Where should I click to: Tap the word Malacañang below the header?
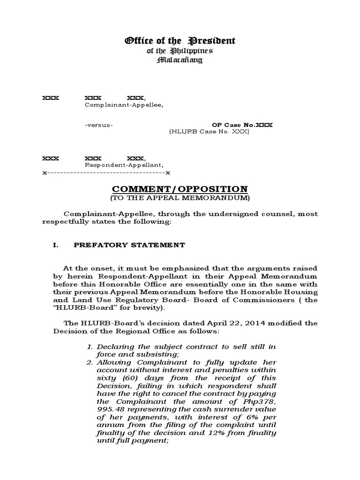point(180,60)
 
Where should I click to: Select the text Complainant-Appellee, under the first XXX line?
point(124,105)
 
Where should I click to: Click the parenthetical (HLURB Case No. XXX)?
point(209,132)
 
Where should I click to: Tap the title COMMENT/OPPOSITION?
point(180,189)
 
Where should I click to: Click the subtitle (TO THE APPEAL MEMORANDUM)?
point(180,198)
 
